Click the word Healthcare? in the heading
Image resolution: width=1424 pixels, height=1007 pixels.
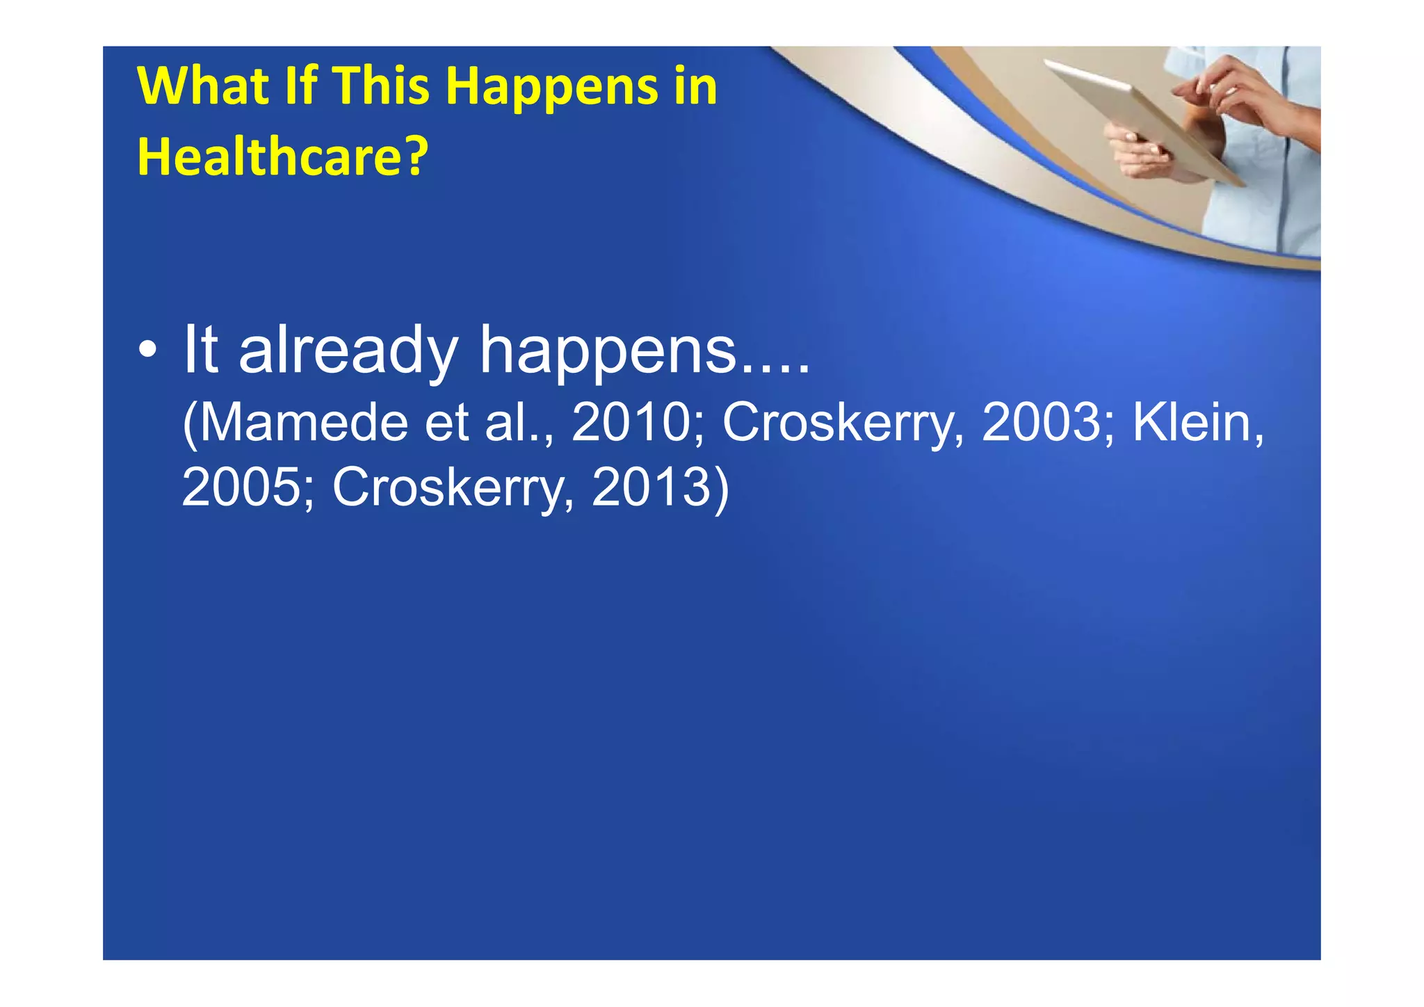pos(282,156)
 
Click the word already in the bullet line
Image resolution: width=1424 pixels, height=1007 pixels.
pos(348,351)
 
